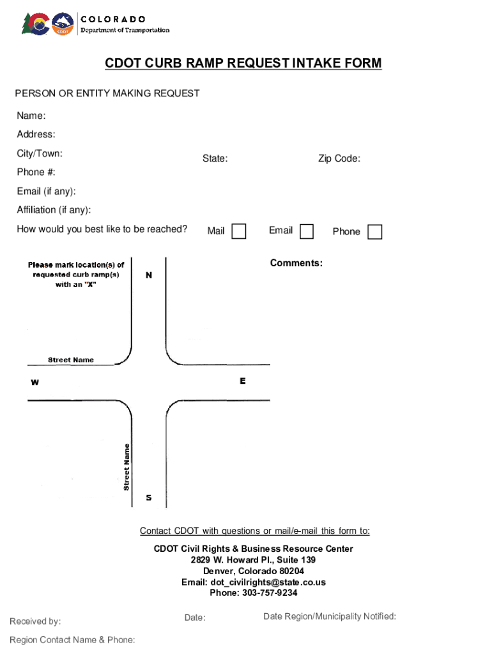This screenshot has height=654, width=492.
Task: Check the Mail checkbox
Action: [238, 231]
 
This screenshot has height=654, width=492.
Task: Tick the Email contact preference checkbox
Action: [307, 231]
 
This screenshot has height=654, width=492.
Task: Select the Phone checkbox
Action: [375, 232]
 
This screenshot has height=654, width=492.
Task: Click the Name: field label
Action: [31, 116]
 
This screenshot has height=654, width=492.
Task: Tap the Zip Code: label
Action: [339, 158]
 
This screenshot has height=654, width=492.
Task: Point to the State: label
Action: [215, 158]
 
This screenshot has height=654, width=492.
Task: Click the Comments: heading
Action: [296, 263]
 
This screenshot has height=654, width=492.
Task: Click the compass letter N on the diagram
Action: [149, 275]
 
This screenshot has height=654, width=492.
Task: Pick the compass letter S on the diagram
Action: [149, 498]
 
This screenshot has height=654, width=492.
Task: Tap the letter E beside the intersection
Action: [243, 381]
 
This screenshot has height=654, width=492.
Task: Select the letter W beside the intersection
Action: [35, 383]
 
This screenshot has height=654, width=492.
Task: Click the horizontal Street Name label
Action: [71, 360]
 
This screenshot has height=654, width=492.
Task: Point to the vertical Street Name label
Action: [127, 467]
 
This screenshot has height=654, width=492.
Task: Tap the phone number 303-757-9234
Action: [270, 593]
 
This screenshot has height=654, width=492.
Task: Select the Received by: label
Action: [35, 621]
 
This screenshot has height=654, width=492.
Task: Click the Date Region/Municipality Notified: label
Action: [330, 616]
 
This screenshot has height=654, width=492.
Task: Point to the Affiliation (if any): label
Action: [54, 210]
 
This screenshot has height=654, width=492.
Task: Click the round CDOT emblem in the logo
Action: [63, 24]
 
